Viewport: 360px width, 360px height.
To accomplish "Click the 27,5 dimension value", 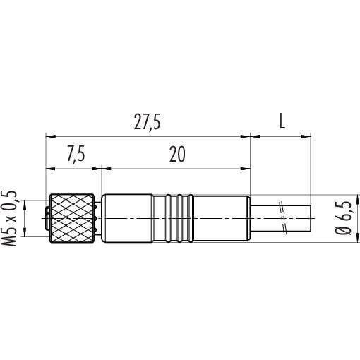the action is pos(148,122).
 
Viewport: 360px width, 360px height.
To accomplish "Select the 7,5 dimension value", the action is pos(76,155).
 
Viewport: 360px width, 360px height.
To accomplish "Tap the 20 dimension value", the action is pos(177,154).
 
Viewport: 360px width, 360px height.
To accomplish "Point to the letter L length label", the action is pos(282,121).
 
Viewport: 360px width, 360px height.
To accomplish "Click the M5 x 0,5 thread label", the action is pos(9,219).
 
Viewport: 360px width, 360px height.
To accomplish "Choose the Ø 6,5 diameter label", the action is pos(343,217).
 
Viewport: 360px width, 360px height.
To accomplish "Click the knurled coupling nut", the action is pos(72,218).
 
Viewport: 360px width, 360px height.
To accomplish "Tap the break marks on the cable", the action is pos(282,218).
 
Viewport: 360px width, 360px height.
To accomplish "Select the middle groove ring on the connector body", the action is pos(179,218).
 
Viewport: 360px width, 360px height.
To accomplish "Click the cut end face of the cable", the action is pos(311,218).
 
